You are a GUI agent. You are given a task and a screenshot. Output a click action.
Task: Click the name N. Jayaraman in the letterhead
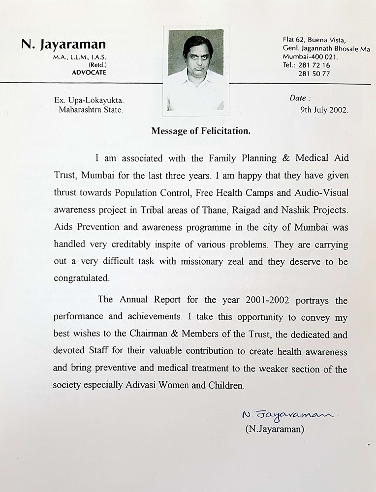[63, 45]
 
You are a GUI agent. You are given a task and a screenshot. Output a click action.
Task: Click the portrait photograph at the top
[196, 70]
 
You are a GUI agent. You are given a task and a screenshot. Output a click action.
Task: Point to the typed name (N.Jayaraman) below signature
[275, 430]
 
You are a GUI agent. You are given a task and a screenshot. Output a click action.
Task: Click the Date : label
[300, 98]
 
